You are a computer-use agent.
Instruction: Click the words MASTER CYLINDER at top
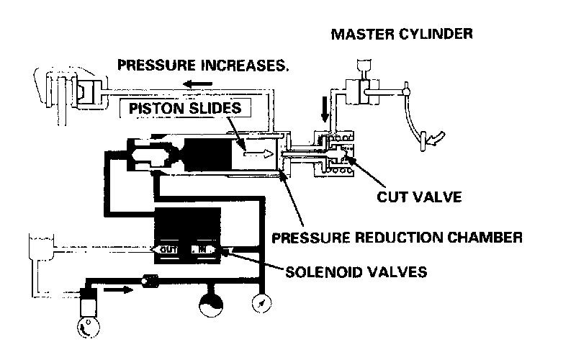401,34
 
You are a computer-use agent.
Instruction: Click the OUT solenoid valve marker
168,249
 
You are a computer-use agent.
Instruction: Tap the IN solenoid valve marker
202,249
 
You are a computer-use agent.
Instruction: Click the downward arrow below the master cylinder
325,112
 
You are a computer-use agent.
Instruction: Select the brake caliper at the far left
58,91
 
